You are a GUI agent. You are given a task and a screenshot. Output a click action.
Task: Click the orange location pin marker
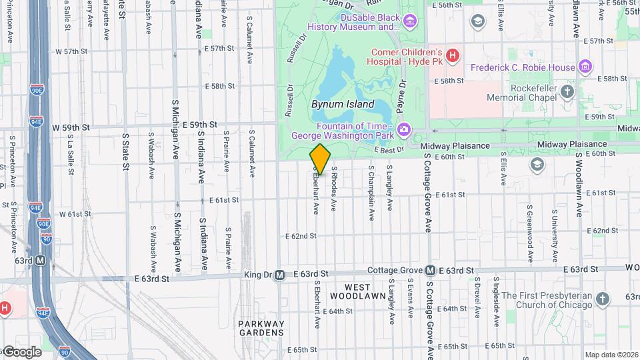click(x=320, y=159)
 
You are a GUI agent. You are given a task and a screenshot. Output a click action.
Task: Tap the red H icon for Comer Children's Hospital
click(x=453, y=56)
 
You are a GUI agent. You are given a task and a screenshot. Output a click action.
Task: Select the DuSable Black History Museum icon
click(x=409, y=23)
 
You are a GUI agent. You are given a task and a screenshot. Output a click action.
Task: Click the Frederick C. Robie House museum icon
click(x=585, y=67)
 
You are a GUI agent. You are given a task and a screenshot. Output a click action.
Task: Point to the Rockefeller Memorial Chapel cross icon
click(x=567, y=92)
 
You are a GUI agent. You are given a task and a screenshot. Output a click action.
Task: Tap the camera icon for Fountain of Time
click(x=403, y=129)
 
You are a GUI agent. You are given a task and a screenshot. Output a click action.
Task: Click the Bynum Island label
click(x=343, y=105)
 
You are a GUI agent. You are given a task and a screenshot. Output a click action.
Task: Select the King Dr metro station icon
click(x=280, y=274)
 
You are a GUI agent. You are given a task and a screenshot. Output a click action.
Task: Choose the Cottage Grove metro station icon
click(x=431, y=270)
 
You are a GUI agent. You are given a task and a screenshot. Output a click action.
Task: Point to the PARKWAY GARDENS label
click(x=261, y=328)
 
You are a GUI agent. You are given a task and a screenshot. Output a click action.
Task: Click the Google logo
click(x=21, y=351)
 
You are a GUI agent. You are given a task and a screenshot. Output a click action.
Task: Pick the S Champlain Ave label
click(x=371, y=193)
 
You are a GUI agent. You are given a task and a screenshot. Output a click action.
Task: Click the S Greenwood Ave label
click(x=529, y=237)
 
